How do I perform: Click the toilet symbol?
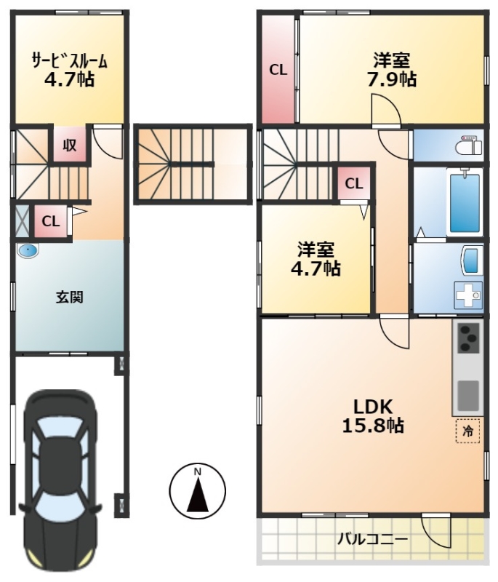469,145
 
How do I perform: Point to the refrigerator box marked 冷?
467,431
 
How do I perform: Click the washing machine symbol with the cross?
468,295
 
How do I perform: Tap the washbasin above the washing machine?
472,261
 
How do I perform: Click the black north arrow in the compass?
197,495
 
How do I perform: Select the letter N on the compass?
197,472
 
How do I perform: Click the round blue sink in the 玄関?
28,251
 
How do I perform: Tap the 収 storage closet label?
69,145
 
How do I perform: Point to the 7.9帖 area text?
392,79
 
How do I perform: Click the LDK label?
373,407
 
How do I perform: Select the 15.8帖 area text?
373,426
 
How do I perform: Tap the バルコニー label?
372,539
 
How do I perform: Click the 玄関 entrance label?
69,298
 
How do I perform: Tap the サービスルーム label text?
70,61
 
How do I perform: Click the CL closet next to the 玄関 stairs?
51,222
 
